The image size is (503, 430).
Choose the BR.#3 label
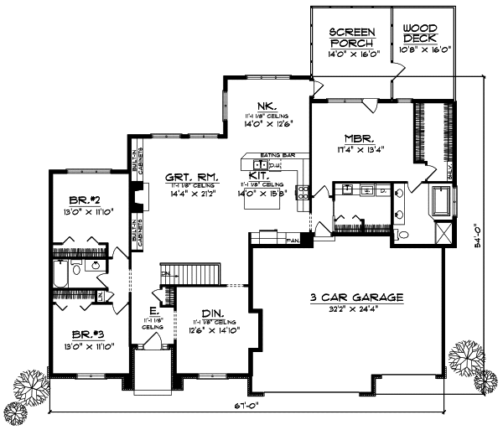pyautogui.click(x=88, y=333)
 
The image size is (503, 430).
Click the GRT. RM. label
pyautogui.click(x=189, y=177)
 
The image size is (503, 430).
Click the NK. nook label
pyautogui.click(x=267, y=106)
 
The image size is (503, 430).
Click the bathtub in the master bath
pyautogui.click(x=441, y=204)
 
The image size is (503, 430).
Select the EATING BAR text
pyautogui.click(x=275, y=156)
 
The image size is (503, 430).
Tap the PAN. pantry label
pyautogui.click(x=293, y=241)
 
